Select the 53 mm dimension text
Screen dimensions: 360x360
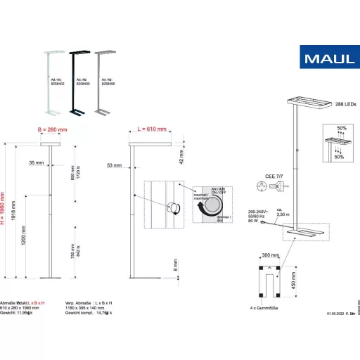coord(114,166)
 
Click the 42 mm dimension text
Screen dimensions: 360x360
coord(181,155)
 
